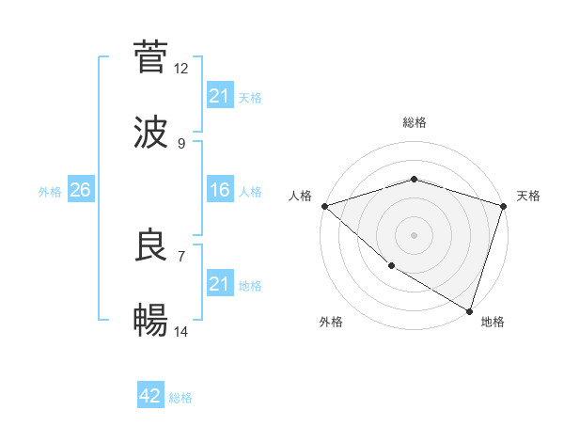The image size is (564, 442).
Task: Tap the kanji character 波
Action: click(x=150, y=133)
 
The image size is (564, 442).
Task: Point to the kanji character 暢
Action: click(x=150, y=321)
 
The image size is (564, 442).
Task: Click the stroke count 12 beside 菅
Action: click(x=181, y=69)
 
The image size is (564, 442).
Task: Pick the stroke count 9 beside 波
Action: click(x=181, y=144)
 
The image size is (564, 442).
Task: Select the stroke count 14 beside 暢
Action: click(x=181, y=332)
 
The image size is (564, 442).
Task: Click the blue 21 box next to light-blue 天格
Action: click(x=219, y=95)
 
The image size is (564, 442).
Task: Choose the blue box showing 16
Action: click(x=219, y=190)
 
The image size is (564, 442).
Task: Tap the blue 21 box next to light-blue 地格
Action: click(x=219, y=284)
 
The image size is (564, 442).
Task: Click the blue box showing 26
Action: click(x=80, y=190)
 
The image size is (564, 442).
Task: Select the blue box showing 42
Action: click(x=150, y=396)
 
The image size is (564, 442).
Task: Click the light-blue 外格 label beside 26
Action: click(x=50, y=191)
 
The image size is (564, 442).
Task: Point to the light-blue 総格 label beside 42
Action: click(x=180, y=398)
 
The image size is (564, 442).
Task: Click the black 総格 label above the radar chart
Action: click(x=414, y=122)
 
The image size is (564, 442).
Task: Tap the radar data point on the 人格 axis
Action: click(x=324, y=206)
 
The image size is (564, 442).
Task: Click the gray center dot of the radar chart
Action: click(x=414, y=234)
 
